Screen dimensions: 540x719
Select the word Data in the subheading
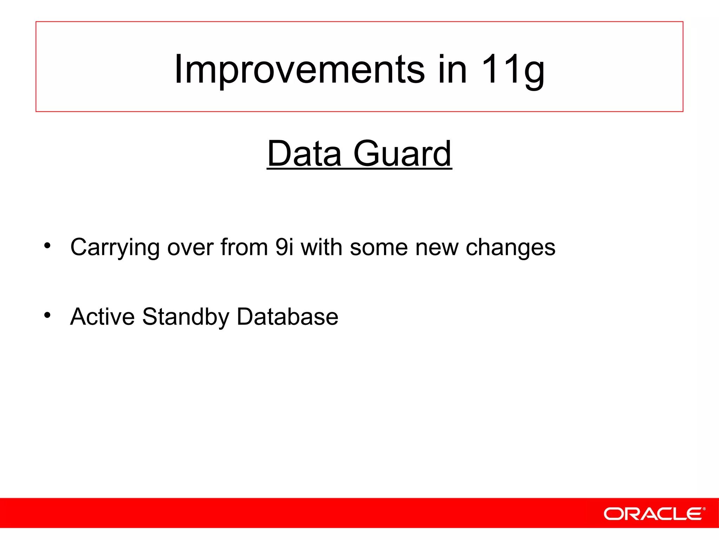[304, 154]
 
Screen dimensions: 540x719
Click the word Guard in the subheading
[402, 154]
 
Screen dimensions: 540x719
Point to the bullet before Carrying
[47, 246]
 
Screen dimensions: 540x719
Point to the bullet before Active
[47, 315]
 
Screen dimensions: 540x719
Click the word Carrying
[115, 248]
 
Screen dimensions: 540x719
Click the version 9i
[284, 247]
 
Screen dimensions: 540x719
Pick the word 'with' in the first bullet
[321, 247]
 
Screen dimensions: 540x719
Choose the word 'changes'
[510, 248]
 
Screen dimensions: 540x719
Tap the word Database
[287, 316]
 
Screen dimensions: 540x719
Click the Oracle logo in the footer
[652, 514]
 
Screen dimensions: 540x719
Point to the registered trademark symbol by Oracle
[704, 509]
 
